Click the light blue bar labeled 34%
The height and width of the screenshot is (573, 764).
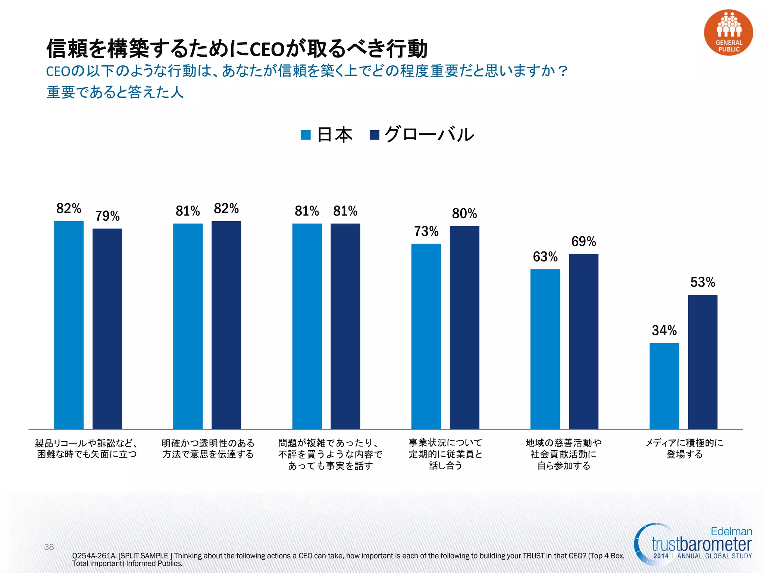[x=664, y=386]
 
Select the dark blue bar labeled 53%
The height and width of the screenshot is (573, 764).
[x=702, y=362]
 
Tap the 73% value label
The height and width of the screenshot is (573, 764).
[x=426, y=231]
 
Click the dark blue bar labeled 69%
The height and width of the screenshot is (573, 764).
[x=583, y=341]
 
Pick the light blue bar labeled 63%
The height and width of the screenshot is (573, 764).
[x=545, y=349]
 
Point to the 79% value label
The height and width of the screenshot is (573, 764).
[x=107, y=216]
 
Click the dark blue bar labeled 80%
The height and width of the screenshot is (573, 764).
[x=464, y=328]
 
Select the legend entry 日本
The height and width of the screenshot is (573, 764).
[x=327, y=135]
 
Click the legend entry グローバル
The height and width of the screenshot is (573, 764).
[x=422, y=135]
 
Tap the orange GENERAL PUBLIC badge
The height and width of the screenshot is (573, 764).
[x=728, y=33]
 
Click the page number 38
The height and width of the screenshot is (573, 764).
[x=49, y=547]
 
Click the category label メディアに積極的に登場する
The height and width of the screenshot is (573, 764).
[x=685, y=448]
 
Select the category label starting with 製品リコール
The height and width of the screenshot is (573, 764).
[x=87, y=448]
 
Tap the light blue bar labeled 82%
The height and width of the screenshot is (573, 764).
[x=69, y=325]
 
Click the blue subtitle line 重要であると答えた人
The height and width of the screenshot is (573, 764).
[x=115, y=92]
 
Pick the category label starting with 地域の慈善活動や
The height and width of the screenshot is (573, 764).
[x=563, y=454]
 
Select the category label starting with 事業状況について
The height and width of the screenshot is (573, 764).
[x=445, y=454]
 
